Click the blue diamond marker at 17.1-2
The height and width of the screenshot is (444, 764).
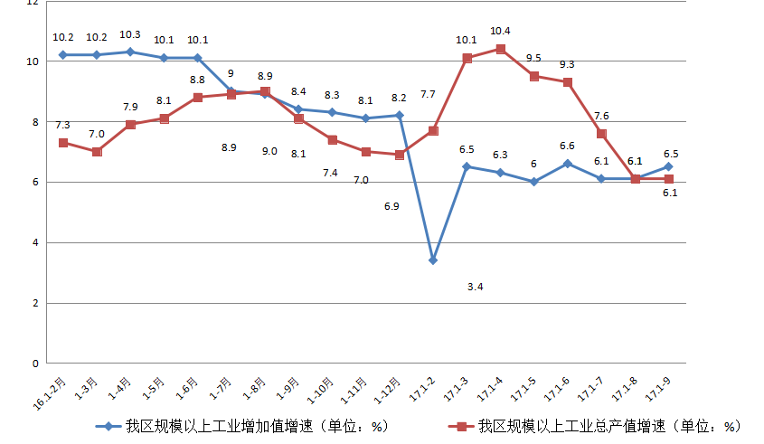click(x=433, y=260)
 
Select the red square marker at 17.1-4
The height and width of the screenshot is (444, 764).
click(x=500, y=49)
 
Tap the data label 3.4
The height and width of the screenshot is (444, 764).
click(x=475, y=287)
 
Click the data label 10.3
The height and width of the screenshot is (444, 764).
click(x=130, y=34)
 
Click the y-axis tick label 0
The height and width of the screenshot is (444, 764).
click(x=34, y=364)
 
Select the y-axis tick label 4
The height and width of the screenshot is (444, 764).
click(x=34, y=242)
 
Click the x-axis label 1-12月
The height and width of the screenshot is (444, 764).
click(x=386, y=389)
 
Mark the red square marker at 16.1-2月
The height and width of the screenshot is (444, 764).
click(x=63, y=143)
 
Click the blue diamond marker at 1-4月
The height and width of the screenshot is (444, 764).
click(x=130, y=52)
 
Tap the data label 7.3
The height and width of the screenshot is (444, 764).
click(x=62, y=125)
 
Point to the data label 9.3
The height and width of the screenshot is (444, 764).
click(x=567, y=64)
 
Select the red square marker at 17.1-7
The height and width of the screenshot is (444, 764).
click(x=601, y=134)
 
